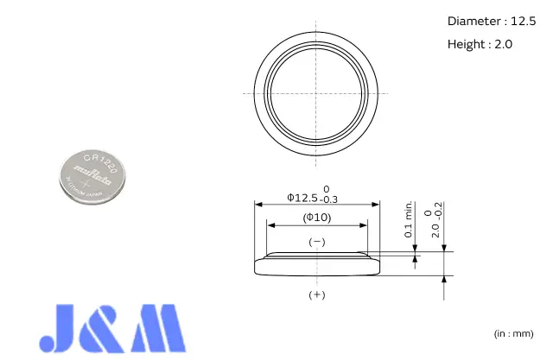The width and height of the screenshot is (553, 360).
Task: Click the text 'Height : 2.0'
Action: [480, 44]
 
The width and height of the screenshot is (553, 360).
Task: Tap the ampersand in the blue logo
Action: [112, 329]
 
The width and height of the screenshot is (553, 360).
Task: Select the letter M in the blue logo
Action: [158, 329]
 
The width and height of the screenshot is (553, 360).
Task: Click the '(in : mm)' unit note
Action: [513, 333]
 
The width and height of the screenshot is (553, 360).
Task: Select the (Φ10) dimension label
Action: [317, 217]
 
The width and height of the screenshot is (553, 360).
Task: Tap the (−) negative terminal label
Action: [317, 243]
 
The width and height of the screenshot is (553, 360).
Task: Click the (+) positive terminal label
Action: [317, 295]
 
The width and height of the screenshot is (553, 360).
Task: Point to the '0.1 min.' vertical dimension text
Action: [408, 220]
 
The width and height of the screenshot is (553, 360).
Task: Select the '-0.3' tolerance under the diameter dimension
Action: [331, 200]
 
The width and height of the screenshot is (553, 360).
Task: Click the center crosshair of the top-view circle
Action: [317, 92]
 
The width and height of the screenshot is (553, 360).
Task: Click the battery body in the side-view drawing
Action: [317, 265]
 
